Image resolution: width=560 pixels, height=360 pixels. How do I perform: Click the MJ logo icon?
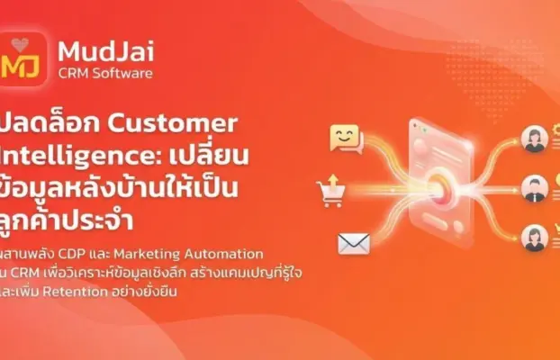25,59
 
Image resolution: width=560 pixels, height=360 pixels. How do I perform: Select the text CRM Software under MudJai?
104,73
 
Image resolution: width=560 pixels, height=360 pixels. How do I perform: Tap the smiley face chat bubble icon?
345,139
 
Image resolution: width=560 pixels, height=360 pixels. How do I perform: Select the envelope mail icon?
354,243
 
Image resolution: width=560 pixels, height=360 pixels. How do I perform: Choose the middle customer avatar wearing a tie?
536,188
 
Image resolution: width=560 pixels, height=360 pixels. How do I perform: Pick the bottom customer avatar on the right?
536,237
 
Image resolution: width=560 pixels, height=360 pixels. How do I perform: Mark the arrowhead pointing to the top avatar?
514,140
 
